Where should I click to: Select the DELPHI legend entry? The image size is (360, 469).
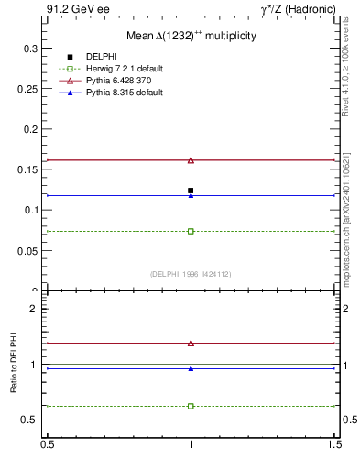tap(102, 57)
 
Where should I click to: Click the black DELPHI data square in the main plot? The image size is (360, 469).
tap(191, 191)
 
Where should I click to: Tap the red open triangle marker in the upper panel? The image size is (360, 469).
tap(191, 160)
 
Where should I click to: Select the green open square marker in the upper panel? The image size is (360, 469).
tap(191, 231)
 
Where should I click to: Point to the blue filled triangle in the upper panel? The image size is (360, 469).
tap(191, 195)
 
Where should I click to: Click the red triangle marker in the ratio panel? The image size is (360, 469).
tap(191, 343)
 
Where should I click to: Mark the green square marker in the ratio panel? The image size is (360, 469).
tap(191, 406)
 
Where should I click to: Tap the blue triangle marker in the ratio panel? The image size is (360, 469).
tap(191, 368)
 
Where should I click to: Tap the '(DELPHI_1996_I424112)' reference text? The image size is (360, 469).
tap(191, 273)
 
